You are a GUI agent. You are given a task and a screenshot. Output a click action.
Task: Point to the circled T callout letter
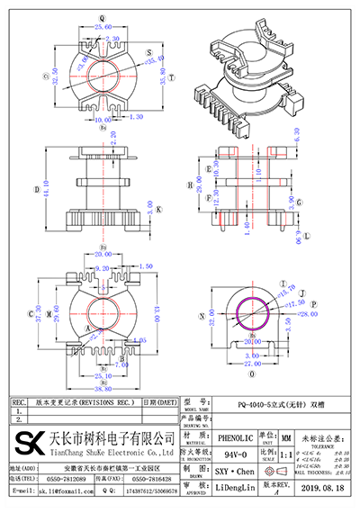tap(301, 293)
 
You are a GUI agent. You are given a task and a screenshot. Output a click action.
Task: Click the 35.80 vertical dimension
tap(162, 78)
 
